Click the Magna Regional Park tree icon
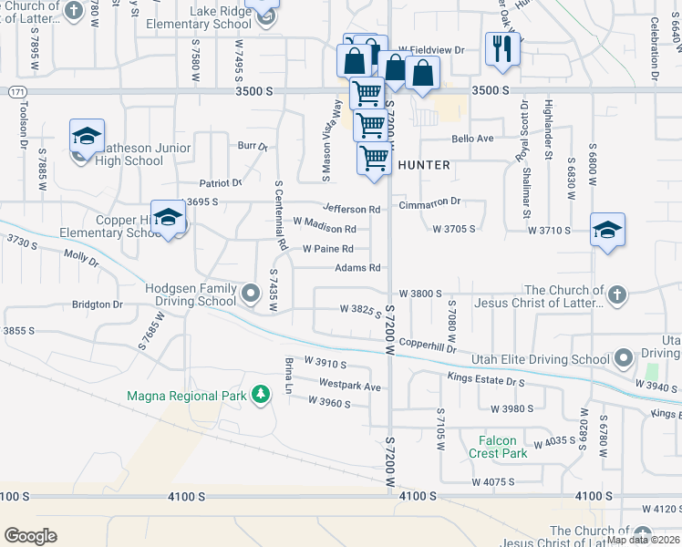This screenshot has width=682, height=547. coord(262,395)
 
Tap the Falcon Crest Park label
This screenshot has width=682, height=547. coord(498,447)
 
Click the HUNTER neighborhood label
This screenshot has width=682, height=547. coord(424,165)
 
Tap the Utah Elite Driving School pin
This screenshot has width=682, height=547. coord(624,356)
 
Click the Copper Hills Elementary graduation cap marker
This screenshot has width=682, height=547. coord(169,218)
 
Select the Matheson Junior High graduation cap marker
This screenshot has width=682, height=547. coord(87,137)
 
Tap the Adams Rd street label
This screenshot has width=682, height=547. coord(357,268)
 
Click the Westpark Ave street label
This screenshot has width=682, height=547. coord(350,387)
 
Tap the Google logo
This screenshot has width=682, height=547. coord(30,536)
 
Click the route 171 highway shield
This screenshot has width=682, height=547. coord(16,93)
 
